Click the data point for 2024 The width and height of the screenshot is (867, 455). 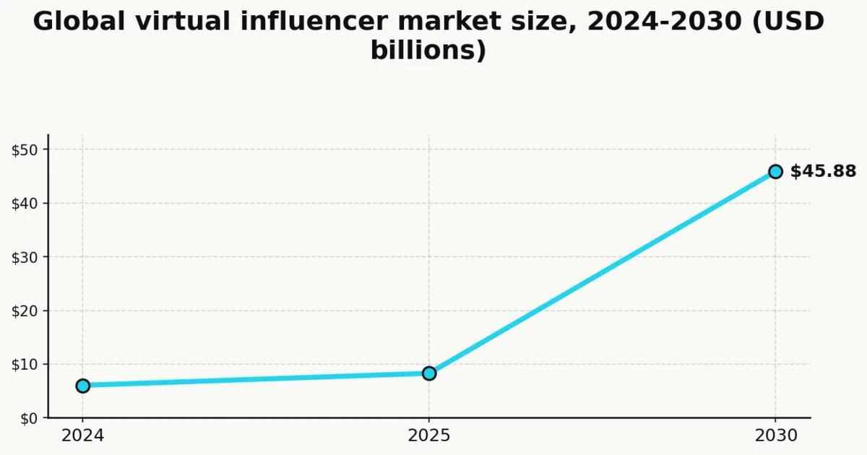pyautogui.click(x=83, y=386)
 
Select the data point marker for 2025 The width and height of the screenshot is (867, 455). pyautogui.click(x=429, y=373)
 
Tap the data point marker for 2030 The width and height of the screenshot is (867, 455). pyautogui.click(x=775, y=172)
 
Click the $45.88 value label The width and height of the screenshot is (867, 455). pyautogui.click(x=823, y=172)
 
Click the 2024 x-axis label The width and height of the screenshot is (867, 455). pyautogui.click(x=83, y=436)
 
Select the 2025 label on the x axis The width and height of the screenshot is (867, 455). pyautogui.click(x=429, y=436)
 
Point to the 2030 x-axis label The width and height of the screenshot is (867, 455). pyautogui.click(x=775, y=436)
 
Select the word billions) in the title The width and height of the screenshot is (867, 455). pyautogui.click(x=428, y=51)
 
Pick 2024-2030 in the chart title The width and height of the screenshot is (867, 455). pyautogui.click(x=664, y=22)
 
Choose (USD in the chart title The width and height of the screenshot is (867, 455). pyautogui.click(x=789, y=22)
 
